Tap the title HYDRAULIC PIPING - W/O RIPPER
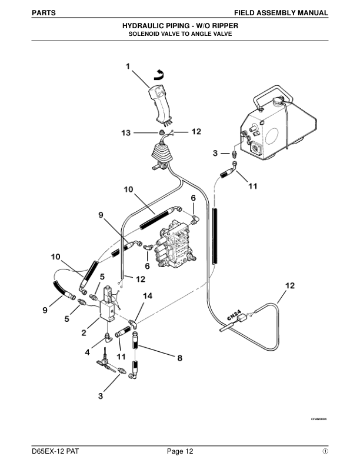click(x=180, y=26)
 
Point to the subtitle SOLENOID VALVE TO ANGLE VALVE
click(x=180, y=34)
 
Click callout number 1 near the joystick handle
click(x=128, y=67)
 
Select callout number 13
click(x=126, y=134)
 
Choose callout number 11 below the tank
click(x=252, y=187)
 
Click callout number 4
click(x=88, y=353)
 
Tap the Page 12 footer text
click(x=180, y=451)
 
